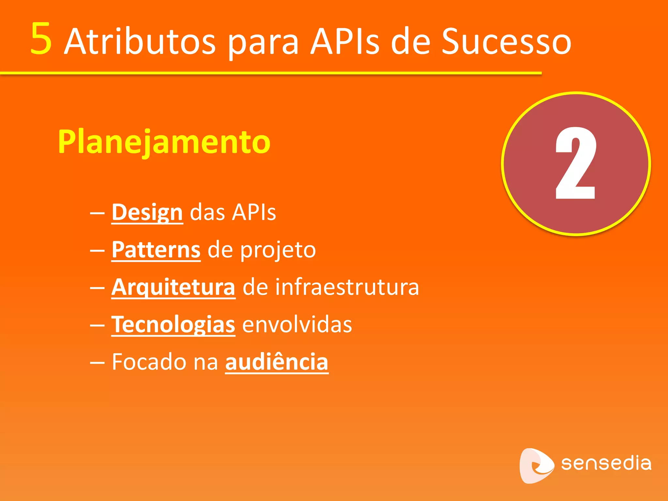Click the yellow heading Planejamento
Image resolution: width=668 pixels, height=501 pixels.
click(164, 142)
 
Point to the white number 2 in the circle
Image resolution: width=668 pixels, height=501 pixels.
click(576, 163)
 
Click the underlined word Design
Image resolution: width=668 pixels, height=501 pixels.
click(147, 213)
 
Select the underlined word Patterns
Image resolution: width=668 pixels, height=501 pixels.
click(156, 250)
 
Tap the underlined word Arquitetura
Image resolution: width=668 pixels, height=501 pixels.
click(173, 287)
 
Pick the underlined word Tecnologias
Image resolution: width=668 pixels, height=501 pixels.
click(173, 325)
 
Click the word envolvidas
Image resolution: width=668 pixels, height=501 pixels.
click(297, 325)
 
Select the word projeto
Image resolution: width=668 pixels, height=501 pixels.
click(278, 250)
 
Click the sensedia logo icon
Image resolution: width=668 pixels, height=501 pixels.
click(536, 465)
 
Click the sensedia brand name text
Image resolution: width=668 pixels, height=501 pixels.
click(606, 463)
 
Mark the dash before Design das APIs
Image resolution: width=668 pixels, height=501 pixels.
click(97, 214)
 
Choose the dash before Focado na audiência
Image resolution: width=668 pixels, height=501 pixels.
click(97, 363)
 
